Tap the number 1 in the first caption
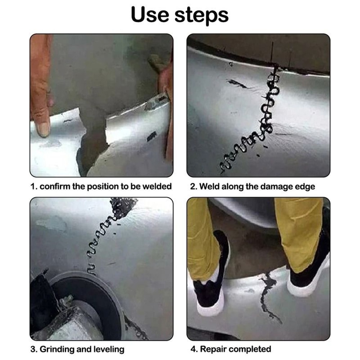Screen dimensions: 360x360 click(x=33, y=186)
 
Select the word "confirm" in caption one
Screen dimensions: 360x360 click(x=54, y=186)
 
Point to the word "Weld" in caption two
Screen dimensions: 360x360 click(x=208, y=186)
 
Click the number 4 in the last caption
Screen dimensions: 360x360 click(x=193, y=349)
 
